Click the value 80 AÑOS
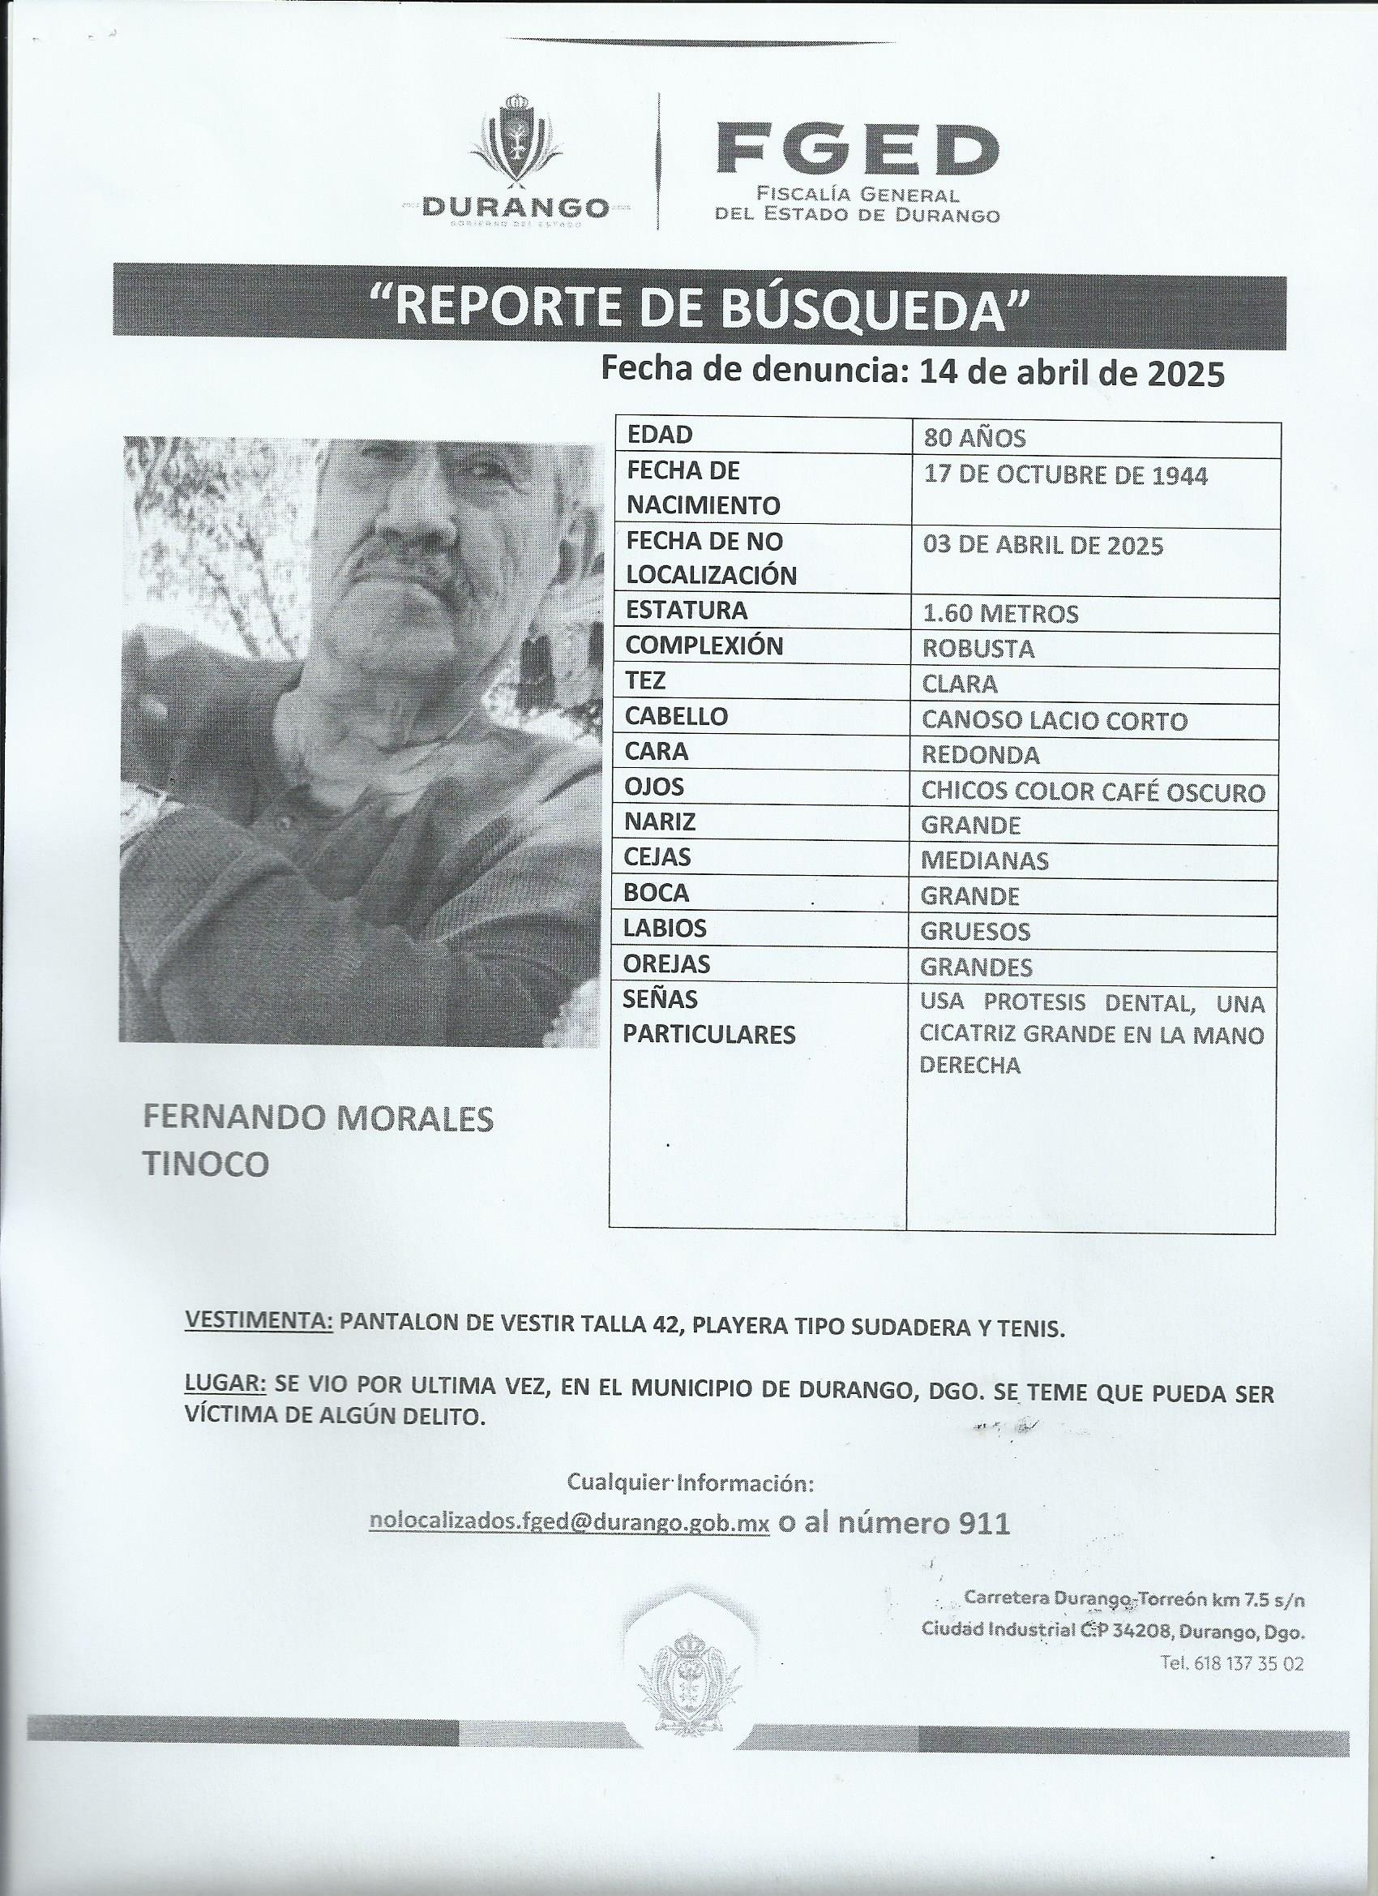click(974, 438)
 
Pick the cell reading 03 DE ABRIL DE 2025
click(1043, 546)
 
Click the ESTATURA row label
click(686, 611)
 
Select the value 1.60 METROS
click(999, 615)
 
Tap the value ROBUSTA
click(978, 650)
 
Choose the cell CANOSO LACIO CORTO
click(1054, 721)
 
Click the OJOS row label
click(654, 787)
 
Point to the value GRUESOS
click(975, 932)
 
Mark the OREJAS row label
click(667, 965)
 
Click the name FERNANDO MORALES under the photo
click(319, 1118)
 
